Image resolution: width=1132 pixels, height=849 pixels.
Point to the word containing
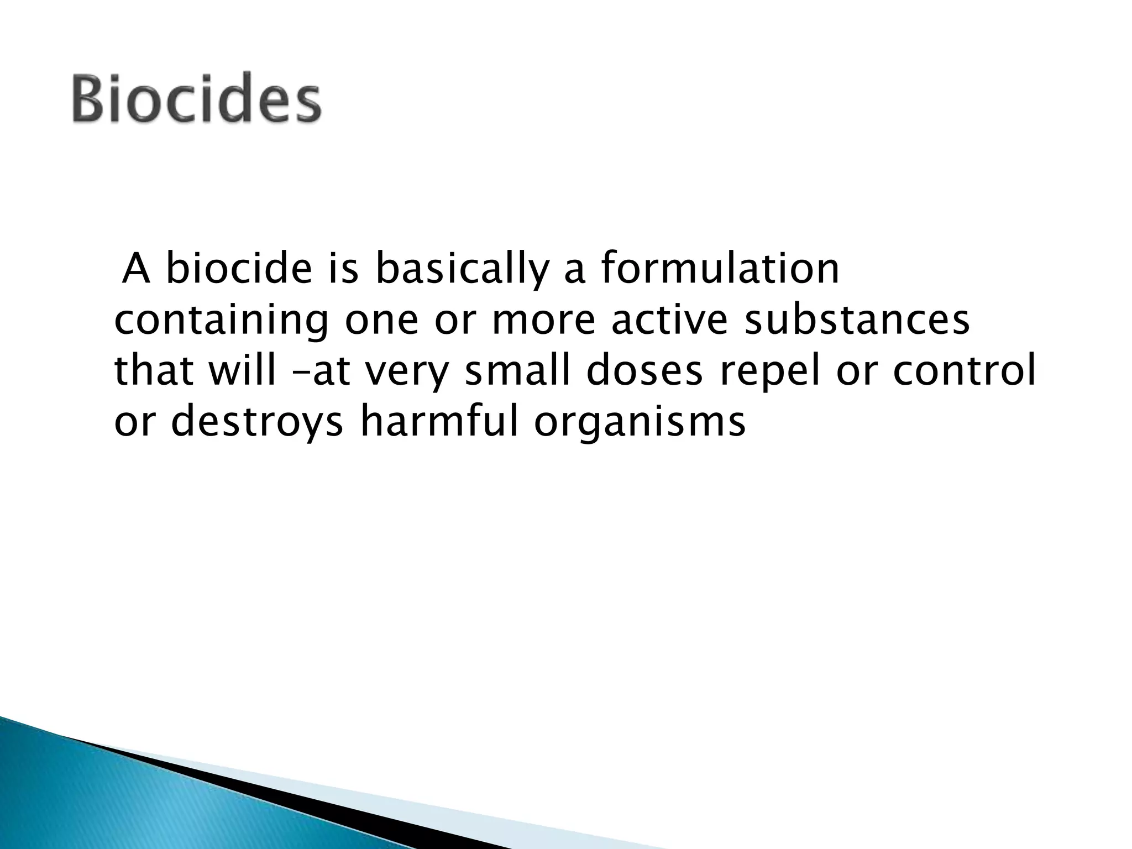tap(221, 321)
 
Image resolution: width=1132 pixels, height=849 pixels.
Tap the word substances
tap(857, 321)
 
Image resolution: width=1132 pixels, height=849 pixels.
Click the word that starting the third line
tap(154, 371)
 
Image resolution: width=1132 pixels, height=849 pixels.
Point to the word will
tap(242, 371)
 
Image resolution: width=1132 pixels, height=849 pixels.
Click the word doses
tap(644, 371)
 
